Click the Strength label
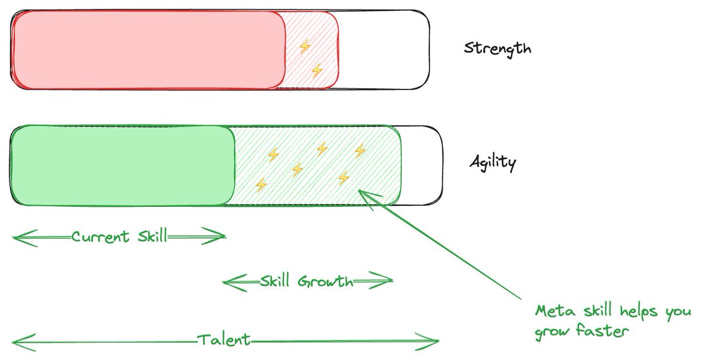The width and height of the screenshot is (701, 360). tap(498, 48)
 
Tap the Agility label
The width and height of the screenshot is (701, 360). tap(492, 162)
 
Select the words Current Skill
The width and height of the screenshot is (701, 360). tap(119, 237)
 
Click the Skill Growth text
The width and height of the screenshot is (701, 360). tap(307, 282)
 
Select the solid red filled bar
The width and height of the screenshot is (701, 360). tap(146, 50)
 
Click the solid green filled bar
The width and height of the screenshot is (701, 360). tap(123, 165)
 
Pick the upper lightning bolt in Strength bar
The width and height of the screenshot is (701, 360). tap(304, 47)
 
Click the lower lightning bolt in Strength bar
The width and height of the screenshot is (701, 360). tap(317, 71)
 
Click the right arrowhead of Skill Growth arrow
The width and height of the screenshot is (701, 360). tap(387, 282)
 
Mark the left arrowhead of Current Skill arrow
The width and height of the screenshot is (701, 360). tap(18, 237)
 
